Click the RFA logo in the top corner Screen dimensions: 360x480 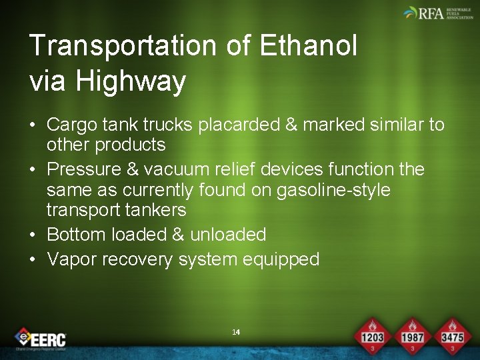tap(437, 13)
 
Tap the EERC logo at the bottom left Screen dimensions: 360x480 tap(41, 338)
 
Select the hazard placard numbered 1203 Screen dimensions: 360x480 tap(372, 336)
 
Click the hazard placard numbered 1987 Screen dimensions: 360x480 tap(412, 336)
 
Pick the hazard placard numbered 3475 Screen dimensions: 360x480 tap(451, 336)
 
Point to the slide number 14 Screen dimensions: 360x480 tap(235, 332)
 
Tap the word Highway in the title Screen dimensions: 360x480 tap(130, 81)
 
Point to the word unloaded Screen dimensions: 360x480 tap(228, 235)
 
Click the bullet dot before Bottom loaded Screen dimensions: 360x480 tap(33, 235)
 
